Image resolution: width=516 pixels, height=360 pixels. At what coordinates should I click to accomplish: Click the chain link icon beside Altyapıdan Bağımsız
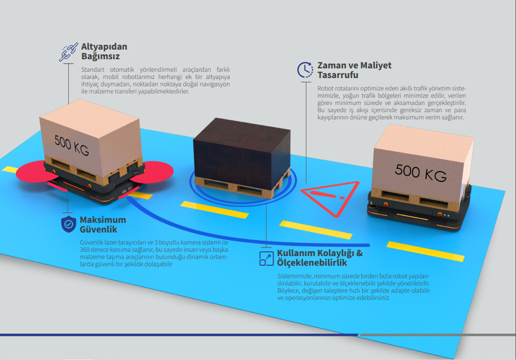tap(68, 52)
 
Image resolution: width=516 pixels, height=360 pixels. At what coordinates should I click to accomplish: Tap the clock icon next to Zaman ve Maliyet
tap(305, 69)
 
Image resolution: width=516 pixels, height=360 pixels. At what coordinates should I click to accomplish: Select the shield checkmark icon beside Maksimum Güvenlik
tap(68, 224)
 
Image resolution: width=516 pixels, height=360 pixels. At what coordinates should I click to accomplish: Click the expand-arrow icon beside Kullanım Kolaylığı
tap(266, 258)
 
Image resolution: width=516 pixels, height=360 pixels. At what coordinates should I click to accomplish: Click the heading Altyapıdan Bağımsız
tap(104, 51)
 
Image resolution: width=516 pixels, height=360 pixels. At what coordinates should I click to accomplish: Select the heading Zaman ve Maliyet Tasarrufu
tap(354, 70)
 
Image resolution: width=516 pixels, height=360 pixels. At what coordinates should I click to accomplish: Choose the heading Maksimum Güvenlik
tap(103, 224)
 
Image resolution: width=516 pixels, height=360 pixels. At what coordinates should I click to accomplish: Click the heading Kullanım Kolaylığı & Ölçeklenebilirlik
tap(320, 258)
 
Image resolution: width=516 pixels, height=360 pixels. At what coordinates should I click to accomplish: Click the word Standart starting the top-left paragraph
tap(91, 69)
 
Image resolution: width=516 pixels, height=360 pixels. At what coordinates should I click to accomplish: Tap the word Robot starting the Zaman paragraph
tap(325, 88)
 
